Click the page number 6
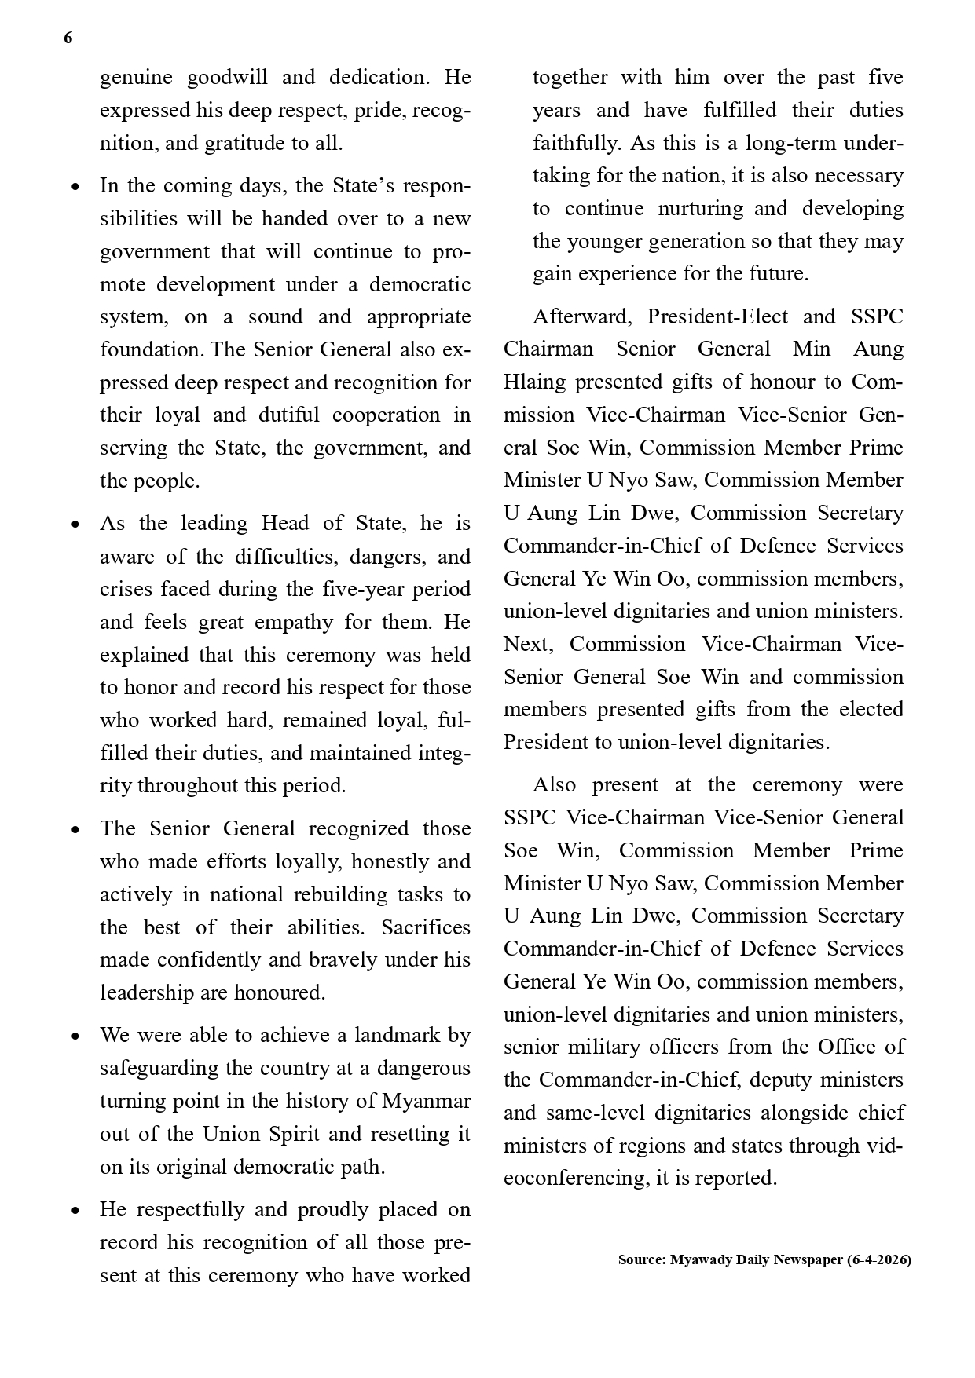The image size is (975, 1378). [x=68, y=38]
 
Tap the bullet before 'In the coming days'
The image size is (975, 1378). [x=75, y=188]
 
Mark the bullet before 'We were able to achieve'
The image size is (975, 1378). [x=75, y=1036]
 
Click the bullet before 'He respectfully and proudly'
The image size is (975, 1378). [x=75, y=1211]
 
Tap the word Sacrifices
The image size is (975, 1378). [x=426, y=927]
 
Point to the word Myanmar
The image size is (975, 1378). [x=427, y=1101]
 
